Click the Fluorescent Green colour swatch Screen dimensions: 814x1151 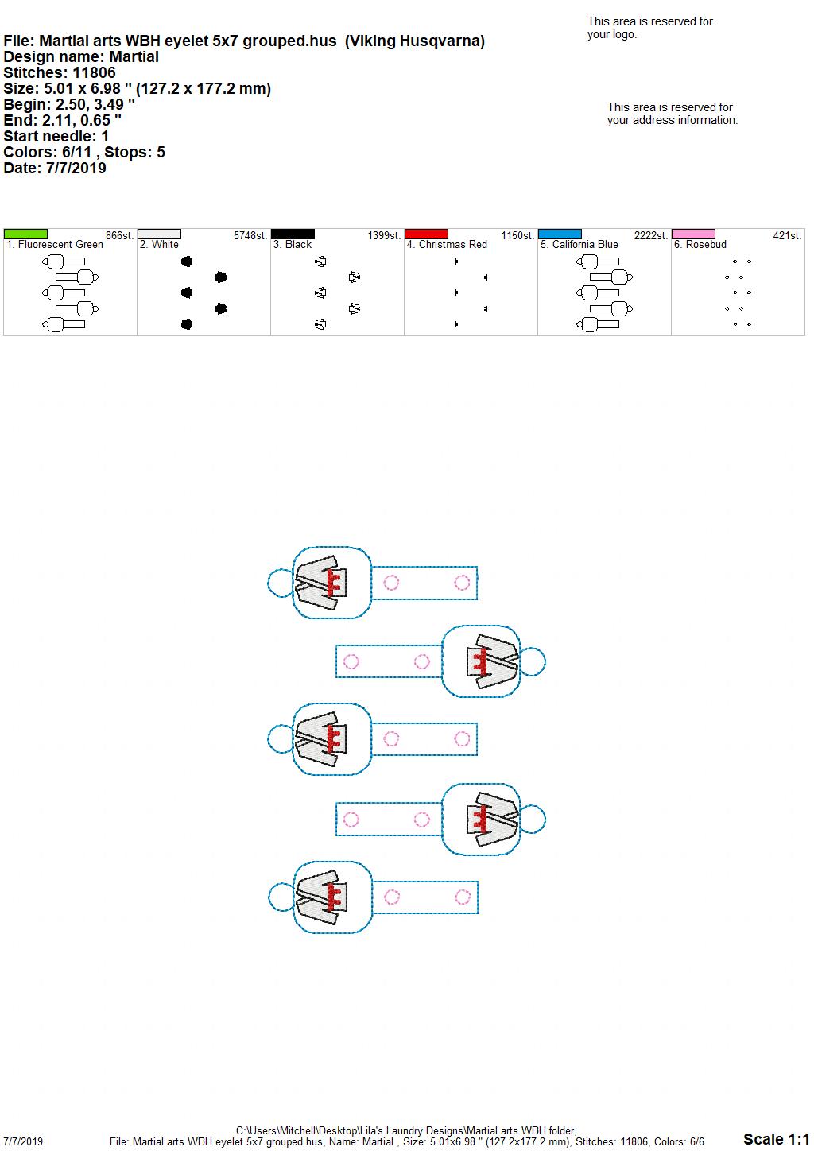pyautogui.click(x=25, y=234)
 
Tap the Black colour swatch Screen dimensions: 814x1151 pyautogui.click(x=293, y=234)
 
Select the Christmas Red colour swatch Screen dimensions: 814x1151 pyautogui.click(x=427, y=234)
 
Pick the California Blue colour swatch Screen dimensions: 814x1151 pyautogui.click(x=560, y=234)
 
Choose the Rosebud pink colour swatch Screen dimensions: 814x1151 pyautogui.click(x=694, y=234)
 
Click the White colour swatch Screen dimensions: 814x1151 pyautogui.click(x=159, y=234)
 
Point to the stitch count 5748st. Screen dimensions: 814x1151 pyautogui.click(x=250, y=236)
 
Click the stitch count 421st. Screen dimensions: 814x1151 pyautogui.click(x=787, y=236)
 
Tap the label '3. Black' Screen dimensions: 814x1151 pyautogui.click(x=293, y=245)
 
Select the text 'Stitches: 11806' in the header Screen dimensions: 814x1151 pyautogui.click(x=60, y=73)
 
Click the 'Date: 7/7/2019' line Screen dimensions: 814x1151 pyautogui.click(x=55, y=168)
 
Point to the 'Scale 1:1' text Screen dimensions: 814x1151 pyautogui.click(x=777, y=1139)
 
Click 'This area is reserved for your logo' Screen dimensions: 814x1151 pyautogui.click(x=650, y=28)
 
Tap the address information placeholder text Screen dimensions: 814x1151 pyautogui.click(x=673, y=114)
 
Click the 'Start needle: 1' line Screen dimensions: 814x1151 pyautogui.click(x=56, y=136)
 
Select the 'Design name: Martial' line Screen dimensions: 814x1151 pyautogui.click(x=81, y=57)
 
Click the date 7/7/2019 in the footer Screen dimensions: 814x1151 pyautogui.click(x=23, y=1141)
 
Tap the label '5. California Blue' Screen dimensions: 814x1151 pyautogui.click(x=579, y=245)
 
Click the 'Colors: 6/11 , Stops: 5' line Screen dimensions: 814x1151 pyautogui.click(x=84, y=152)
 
